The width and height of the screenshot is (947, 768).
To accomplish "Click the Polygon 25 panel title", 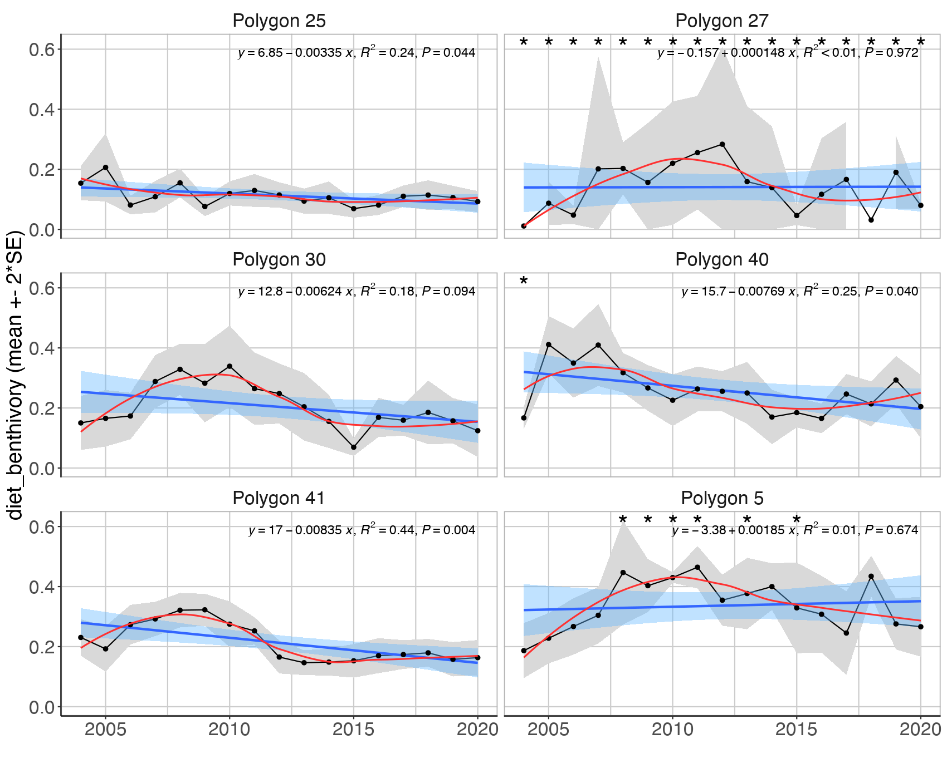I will coord(279,21).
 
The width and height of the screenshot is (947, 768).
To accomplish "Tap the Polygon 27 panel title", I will coord(721,21).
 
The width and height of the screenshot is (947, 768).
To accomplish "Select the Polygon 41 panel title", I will coord(279,498).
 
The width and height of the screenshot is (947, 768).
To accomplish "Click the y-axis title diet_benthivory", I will coord(16,376).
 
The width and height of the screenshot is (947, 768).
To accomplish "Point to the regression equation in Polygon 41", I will coord(362,530).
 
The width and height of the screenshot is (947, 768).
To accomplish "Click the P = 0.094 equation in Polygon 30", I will coord(357,291).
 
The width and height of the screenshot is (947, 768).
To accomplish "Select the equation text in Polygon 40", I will coord(799,291).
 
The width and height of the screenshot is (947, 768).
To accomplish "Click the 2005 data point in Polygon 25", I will coord(106,167).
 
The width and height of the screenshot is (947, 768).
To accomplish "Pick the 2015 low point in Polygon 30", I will coord(354,447).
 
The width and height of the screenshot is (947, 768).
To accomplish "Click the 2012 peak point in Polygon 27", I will coord(723,144).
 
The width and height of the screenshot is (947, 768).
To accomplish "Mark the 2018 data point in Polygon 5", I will coord(871,577).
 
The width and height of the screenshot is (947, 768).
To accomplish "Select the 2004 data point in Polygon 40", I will coord(524,418).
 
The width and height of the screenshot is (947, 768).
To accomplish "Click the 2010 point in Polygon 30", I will coord(230,366).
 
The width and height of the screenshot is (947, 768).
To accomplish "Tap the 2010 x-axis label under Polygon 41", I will coord(230,730).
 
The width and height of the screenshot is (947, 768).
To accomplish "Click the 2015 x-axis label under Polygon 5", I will coord(797,730).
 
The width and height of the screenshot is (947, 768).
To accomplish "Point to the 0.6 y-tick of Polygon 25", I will coord(41,50).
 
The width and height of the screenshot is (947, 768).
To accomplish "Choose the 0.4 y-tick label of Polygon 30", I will coord(41,348).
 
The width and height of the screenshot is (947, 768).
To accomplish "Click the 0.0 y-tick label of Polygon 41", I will coord(41,707).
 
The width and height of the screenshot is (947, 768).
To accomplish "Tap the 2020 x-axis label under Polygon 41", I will coord(477,730).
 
